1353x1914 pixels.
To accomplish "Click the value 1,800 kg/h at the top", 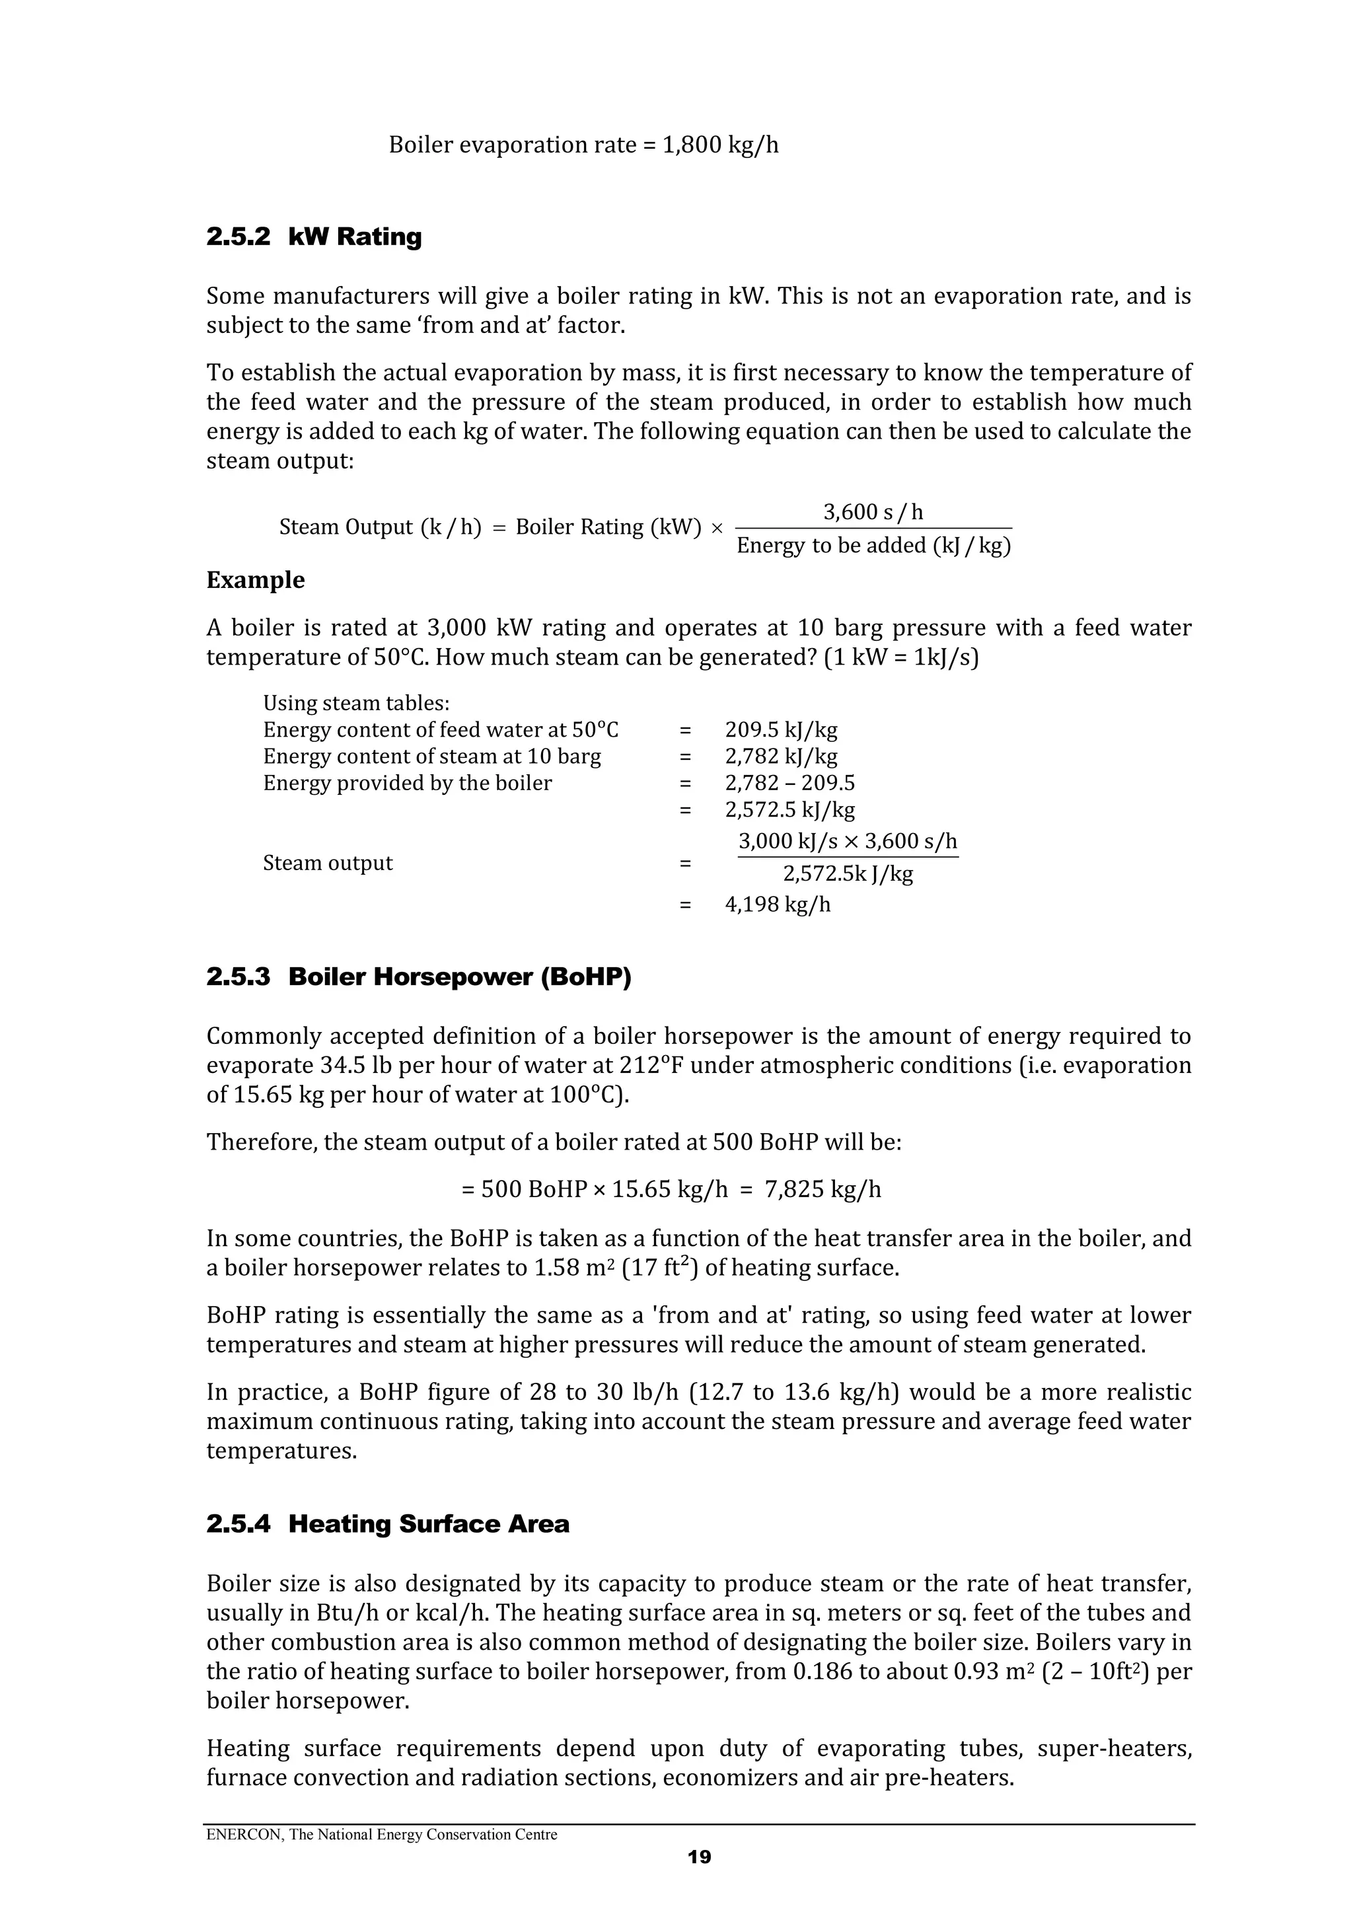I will pyautogui.click(x=720, y=145).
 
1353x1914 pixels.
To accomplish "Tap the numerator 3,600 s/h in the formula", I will pyautogui.click(x=873, y=512).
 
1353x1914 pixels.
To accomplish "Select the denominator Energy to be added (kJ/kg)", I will pyautogui.click(x=873, y=546).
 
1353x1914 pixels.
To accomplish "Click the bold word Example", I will pyautogui.click(x=255, y=580).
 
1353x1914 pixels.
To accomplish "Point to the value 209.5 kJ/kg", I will pyautogui.click(x=780, y=730).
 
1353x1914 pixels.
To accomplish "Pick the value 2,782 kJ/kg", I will pyautogui.click(x=780, y=757).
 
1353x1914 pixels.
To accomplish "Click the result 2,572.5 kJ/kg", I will pyautogui.click(x=789, y=809).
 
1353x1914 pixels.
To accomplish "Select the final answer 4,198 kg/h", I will pyautogui.click(x=778, y=904).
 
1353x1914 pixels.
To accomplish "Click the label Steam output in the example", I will pyautogui.click(x=328, y=863).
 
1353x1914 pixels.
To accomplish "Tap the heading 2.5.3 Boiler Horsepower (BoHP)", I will pyautogui.click(x=418, y=977).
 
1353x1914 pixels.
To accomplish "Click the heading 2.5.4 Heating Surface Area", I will pyautogui.click(x=388, y=1524).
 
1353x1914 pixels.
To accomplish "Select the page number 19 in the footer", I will pyautogui.click(x=700, y=1857).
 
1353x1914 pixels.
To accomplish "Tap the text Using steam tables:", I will pyautogui.click(x=356, y=704).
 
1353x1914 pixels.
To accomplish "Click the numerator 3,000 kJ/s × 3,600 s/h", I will pyautogui.click(x=848, y=841).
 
